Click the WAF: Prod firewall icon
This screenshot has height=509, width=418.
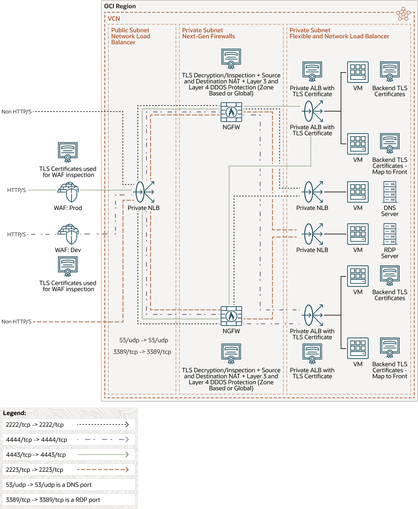click(x=68, y=192)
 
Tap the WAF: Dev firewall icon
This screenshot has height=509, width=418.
click(x=68, y=234)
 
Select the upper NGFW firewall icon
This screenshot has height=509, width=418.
click(x=231, y=112)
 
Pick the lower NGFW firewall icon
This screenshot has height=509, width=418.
click(x=231, y=316)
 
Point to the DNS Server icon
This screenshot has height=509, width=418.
click(x=390, y=192)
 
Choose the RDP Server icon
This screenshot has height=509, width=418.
click(x=390, y=234)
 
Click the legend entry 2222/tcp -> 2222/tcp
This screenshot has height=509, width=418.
click(x=35, y=424)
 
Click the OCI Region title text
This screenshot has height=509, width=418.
click(x=120, y=6)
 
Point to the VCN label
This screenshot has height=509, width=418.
click(x=114, y=18)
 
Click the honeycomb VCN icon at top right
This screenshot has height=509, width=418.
click(x=403, y=14)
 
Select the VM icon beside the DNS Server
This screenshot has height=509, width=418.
click(x=358, y=192)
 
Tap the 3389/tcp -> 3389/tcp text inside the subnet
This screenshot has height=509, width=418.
click(x=142, y=352)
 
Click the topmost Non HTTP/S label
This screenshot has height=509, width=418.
click(x=17, y=112)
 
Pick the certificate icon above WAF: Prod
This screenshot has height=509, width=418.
click(x=68, y=152)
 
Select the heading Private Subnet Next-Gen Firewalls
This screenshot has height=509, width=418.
click(x=208, y=33)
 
